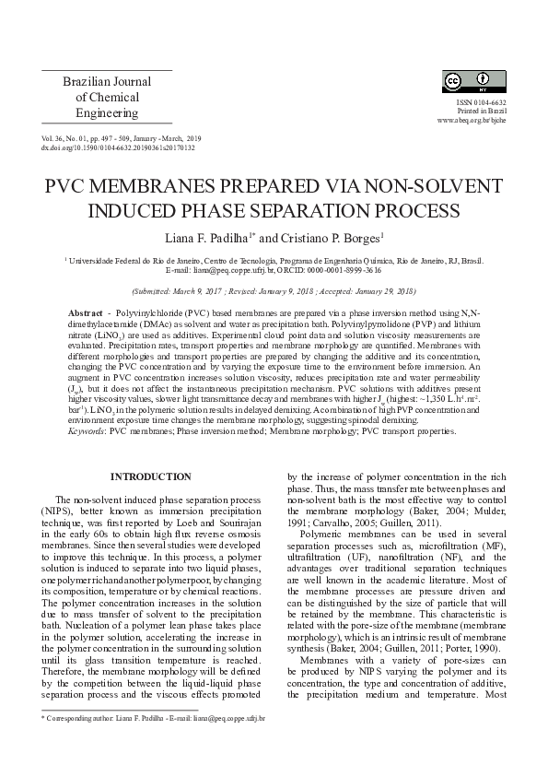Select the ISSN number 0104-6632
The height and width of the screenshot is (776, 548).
488,102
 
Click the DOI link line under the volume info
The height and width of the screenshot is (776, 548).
118,147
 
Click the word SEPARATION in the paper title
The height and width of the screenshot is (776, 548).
322,209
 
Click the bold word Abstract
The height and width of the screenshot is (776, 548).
86,314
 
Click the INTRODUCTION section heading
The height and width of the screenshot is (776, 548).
150,476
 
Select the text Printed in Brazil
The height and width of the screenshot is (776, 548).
486,112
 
